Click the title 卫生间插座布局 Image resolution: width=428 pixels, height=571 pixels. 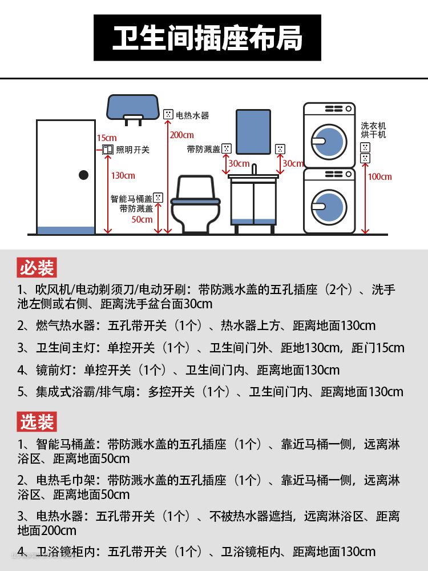tap(207, 38)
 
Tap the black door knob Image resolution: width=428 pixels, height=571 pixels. tap(84, 175)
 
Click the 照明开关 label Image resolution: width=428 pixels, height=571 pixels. tap(133, 150)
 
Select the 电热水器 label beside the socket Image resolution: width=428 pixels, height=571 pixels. tap(192, 115)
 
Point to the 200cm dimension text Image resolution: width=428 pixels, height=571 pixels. tap(182, 135)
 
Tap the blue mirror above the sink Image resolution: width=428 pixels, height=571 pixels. tap(253, 131)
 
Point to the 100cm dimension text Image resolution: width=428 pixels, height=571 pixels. tap(379, 176)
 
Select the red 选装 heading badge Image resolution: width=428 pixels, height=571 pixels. tap(37, 422)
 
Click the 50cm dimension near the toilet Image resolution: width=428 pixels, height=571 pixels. tap(142, 219)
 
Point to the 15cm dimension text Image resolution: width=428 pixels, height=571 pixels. tap(107, 138)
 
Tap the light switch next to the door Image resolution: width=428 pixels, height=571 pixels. tap(107, 150)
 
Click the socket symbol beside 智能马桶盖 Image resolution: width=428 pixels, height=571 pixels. tap(158, 198)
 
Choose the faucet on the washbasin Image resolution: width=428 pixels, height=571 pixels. tap(255, 169)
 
